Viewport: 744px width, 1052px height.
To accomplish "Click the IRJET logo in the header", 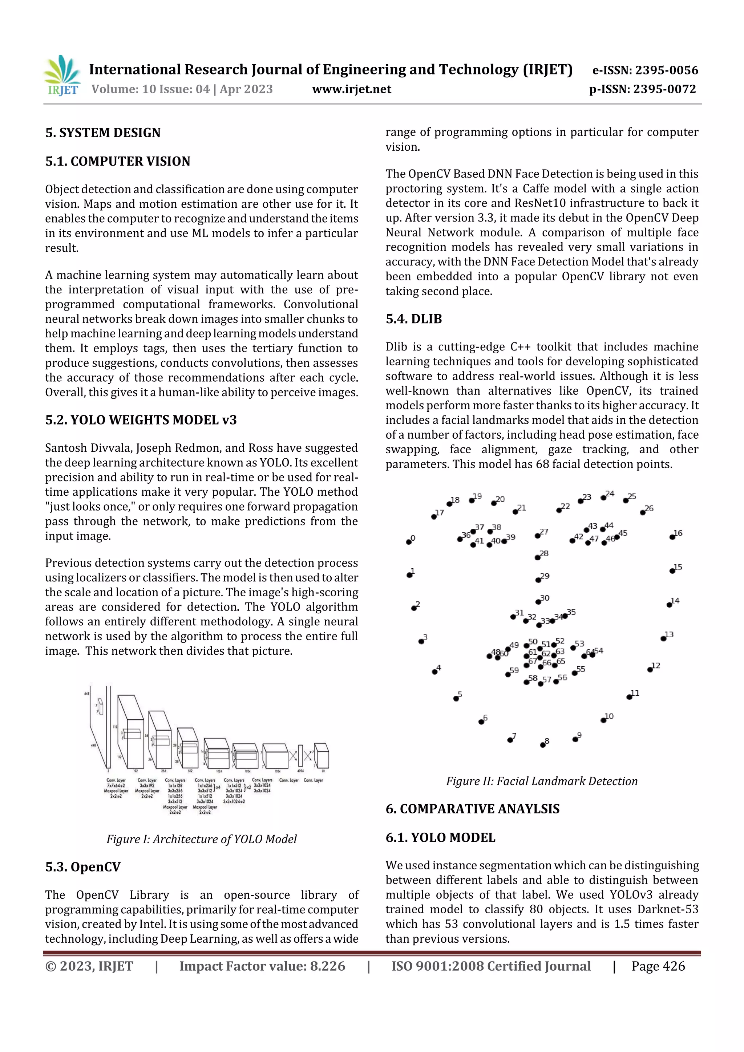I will (x=61, y=76).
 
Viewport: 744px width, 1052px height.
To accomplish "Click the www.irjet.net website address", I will (x=351, y=89).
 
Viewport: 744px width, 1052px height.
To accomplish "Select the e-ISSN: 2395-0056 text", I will (x=645, y=70).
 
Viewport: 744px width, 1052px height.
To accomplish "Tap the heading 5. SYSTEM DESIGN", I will (x=103, y=133).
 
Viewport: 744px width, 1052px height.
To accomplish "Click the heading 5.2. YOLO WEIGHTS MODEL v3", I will (x=141, y=420).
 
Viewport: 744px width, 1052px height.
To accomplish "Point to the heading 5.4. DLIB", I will (x=413, y=319).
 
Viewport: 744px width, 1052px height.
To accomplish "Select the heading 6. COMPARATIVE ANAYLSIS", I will (x=472, y=809).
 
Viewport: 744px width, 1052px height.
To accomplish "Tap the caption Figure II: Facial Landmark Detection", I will (x=541, y=781).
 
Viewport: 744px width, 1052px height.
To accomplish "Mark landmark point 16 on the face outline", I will (x=672, y=537).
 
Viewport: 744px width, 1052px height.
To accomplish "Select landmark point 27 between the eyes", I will (x=537, y=536).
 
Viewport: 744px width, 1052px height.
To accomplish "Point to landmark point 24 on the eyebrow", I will (x=603, y=497).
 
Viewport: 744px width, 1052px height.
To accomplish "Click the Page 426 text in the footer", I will (x=658, y=966).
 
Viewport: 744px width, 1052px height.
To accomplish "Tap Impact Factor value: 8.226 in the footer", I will (x=262, y=966).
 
